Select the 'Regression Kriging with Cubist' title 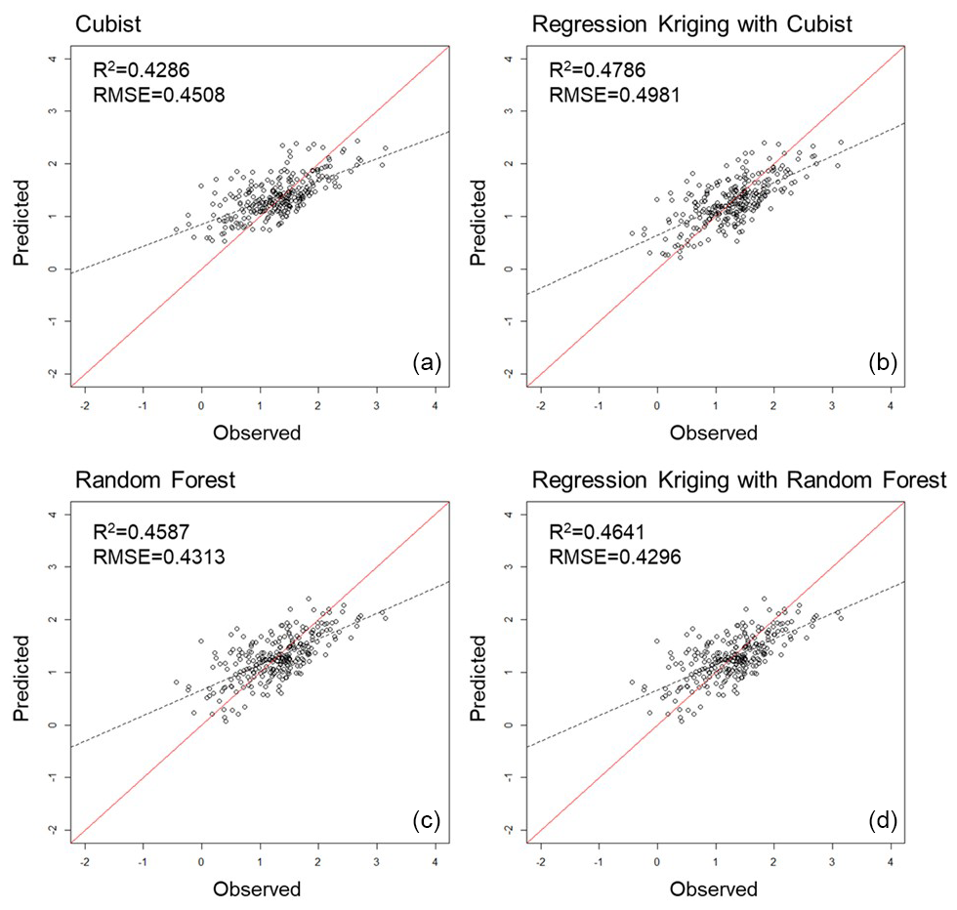coord(691,22)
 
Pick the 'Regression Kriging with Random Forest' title coord(738,479)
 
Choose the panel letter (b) coord(883,362)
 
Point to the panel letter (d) coord(883,818)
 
